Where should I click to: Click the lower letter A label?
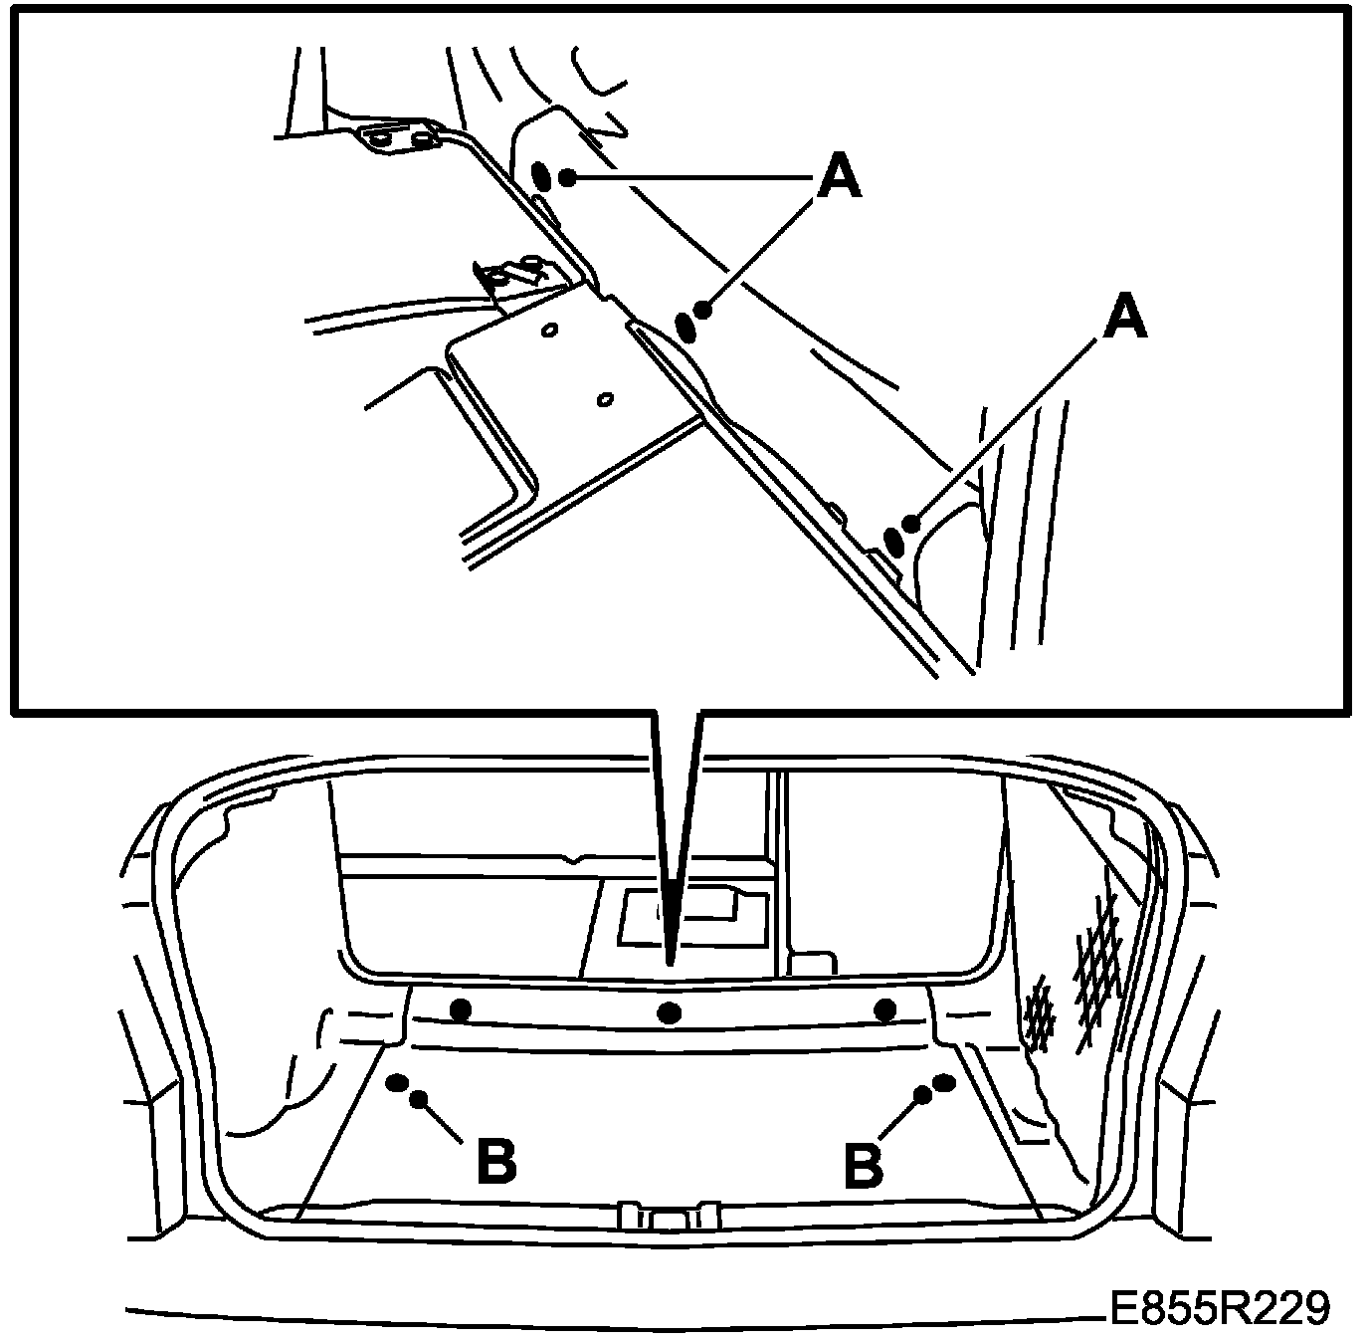click(1125, 318)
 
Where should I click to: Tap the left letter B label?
click(496, 1164)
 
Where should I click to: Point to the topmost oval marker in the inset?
click(542, 175)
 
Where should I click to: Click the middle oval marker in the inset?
click(686, 328)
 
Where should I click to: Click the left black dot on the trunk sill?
click(461, 1007)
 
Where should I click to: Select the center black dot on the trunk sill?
click(669, 1012)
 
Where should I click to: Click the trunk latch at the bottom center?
click(669, 1216)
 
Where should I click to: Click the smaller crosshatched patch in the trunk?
click(1041, 1012)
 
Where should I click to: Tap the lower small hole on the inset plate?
click(605, 399)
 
